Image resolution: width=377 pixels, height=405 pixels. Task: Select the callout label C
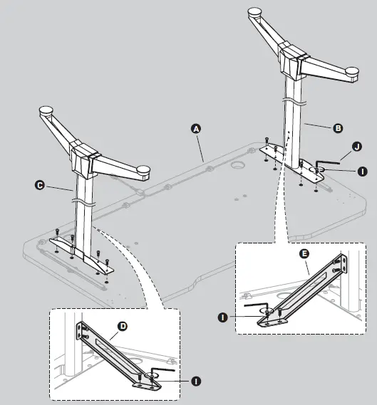pyautogui.click(x=40, y=184)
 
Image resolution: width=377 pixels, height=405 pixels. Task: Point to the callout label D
pyautogui.click(x=122, y=326)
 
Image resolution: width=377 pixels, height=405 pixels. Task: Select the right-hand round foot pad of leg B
pyautogui.click(x=350, y=70)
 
